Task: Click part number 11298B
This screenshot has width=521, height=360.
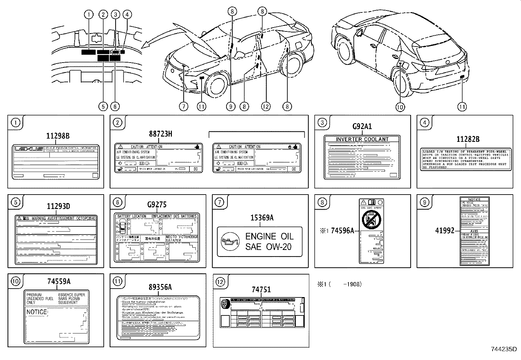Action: pos(58,136)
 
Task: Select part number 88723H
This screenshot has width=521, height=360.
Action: pos(160,134)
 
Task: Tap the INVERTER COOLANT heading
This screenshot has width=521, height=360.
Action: pos(362,139)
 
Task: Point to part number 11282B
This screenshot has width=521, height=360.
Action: pos(468,139)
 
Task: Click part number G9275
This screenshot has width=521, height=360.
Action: pos(157,205)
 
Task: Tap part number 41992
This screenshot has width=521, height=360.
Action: pos(445,231)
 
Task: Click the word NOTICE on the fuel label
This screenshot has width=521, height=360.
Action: pos(37,312)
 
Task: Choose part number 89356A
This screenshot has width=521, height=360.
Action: pos(160,287)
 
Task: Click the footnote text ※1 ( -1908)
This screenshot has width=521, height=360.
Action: pos(339,284)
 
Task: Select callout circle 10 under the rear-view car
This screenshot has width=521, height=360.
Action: pos(400,106)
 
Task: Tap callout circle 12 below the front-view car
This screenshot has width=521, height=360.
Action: pos(265,106)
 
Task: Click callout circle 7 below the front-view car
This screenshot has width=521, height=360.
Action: pos(184,106)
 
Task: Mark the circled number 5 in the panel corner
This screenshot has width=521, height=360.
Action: pos(15,202)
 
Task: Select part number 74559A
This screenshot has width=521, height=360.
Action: pos(59,281)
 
